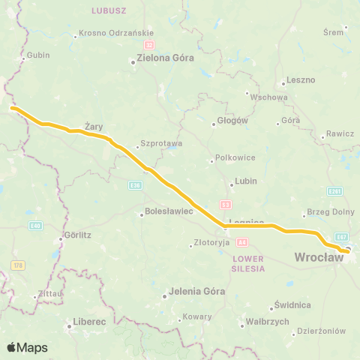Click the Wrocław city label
click(319, 257)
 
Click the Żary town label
click(93, 127)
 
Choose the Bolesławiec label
click(169, 212)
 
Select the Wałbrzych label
click(268, 321)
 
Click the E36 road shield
click(134, 184)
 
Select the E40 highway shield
click(35, 225)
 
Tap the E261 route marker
click(335, 190)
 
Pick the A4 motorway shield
click(242, 241)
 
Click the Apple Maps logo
click(28, 347)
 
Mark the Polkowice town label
click(230, 157)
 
